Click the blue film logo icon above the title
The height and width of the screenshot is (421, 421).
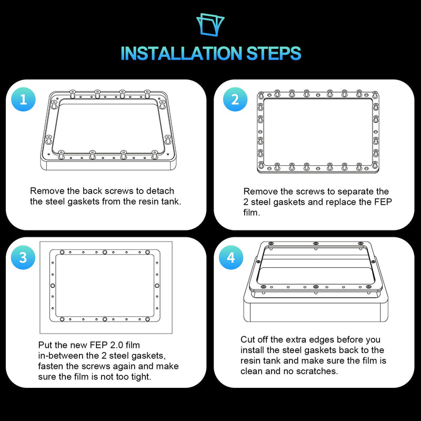[x=210, y=24]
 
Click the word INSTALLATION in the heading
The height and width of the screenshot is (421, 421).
[x=182, y=53]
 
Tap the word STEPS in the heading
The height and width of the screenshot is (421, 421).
[x=274, y=53]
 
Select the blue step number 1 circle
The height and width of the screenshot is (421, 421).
[x=23, y=99]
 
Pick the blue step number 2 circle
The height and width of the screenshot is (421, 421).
[x=235, y=99]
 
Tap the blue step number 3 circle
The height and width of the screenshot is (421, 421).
[x=23, y=257]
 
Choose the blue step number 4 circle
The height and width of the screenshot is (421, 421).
[x=231, y=257]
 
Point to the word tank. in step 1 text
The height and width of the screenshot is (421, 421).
[x=172, y=202]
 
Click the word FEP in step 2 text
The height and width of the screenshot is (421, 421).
[x=383, y=202]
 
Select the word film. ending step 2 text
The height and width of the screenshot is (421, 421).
[x=252, y=213]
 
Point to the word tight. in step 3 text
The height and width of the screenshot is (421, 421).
[x=141, y=377]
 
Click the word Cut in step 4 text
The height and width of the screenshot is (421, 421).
[x=246, y=339]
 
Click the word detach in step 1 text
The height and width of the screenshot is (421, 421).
[x=160, y=191]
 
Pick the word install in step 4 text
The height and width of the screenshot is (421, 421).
[x=253, y=350]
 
